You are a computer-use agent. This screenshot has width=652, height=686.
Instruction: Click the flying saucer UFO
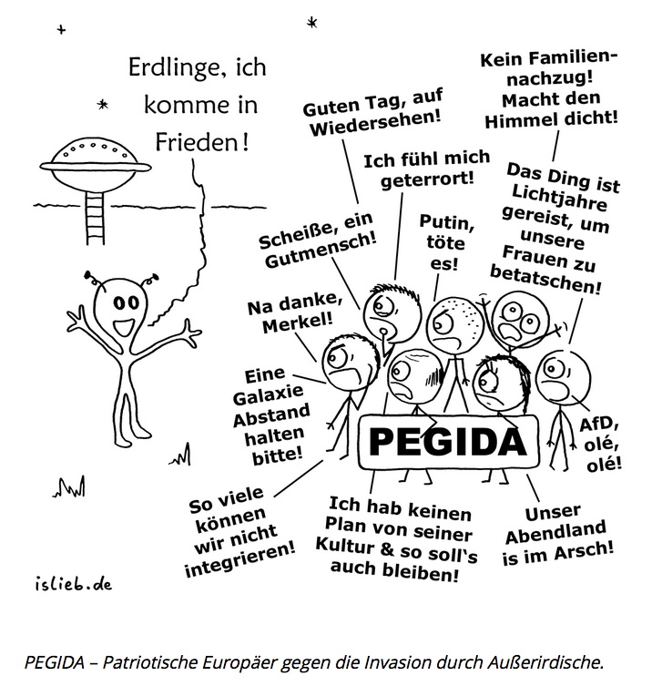pos(93,158)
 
